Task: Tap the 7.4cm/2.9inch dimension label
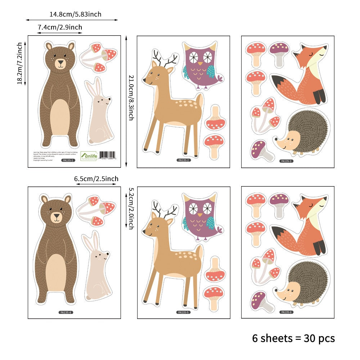(x=60, y=27)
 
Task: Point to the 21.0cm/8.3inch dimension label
(x=131, y=98)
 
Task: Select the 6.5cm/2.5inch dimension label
(x=96, y=179)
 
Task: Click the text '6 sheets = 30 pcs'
(x=293, y=338)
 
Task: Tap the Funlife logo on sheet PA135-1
(x=89, y=155)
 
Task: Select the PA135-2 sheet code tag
(x=184, y=160)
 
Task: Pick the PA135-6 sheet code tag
(x=287, y=312)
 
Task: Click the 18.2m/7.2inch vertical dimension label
(x=20, y=63)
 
